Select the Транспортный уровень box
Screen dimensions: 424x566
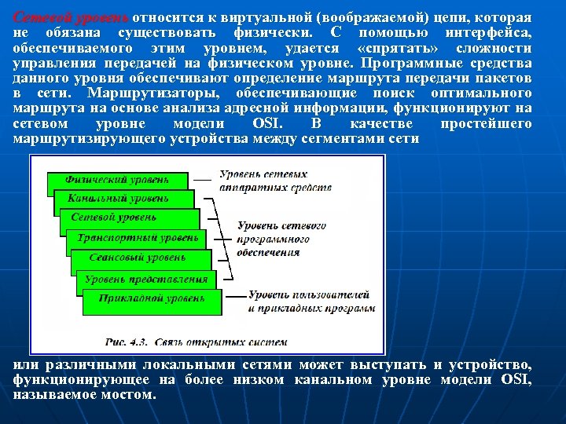[138, 237]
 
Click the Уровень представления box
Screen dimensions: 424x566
[146, 279]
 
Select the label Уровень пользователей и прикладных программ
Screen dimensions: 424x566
[308, 301]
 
